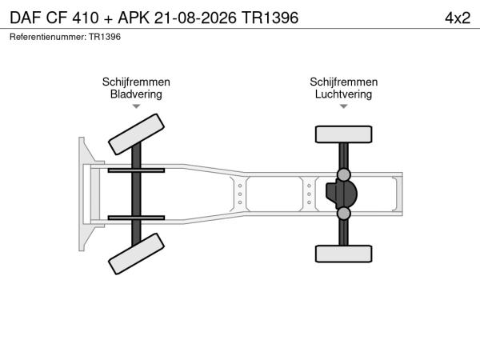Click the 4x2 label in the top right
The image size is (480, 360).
click(x=458, y=18)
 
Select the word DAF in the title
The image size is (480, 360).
click(x=26, y=18)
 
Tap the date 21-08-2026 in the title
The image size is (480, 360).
click(x=195, y=18)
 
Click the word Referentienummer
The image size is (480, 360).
click(x=48, y=37)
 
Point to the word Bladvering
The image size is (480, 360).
click(x=136, y=94)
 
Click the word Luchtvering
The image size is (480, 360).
click(x=343, y=94)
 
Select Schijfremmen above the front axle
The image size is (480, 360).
click(x=136, y=82)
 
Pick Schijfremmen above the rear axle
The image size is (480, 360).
click(x=343, y=82)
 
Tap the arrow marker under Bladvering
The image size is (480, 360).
click(x=136, y=106)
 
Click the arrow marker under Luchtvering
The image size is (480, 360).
click(x=344, y=106)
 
